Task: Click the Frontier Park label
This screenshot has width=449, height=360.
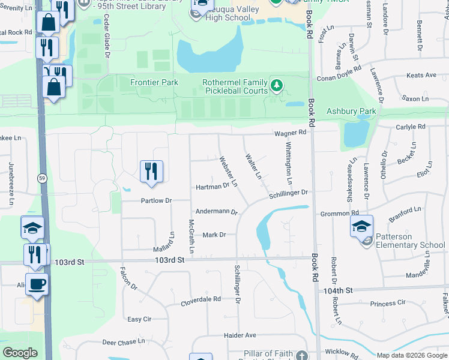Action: pos(154,82)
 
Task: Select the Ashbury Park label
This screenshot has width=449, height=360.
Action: pos(351,112)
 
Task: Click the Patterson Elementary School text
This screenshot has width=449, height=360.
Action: pos(411,241)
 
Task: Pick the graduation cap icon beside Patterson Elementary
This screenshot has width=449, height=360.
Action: pos(361,227)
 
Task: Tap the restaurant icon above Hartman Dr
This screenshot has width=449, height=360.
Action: pos(151,171)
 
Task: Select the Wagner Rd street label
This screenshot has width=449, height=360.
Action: pos(291,133)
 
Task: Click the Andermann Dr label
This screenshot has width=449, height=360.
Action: pos(217,212)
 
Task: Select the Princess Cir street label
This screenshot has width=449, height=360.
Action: pos(388,304)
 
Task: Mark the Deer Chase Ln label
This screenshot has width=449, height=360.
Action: pos(123,341)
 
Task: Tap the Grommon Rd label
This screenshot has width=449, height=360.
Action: pos(339,213)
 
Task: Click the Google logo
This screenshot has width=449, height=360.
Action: pos(20,353)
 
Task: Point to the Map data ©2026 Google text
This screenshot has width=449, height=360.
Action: pos(411,355)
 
